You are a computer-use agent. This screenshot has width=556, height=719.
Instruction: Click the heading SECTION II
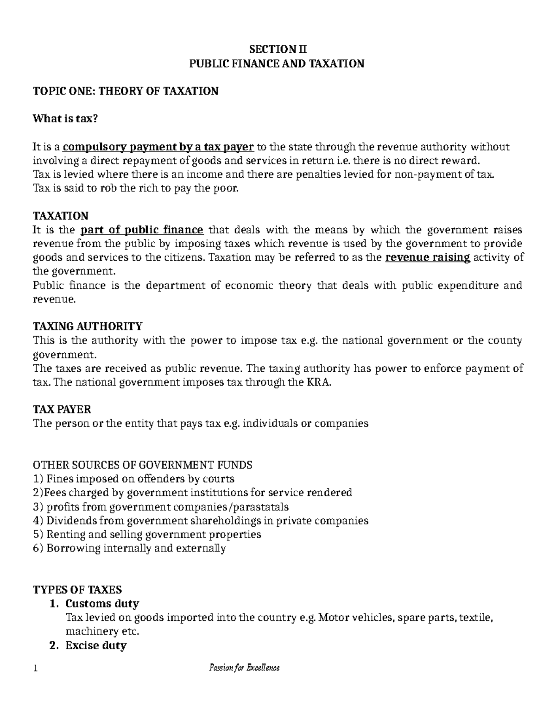coord(278,50)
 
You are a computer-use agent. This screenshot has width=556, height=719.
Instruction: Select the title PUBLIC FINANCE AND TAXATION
coord(277,63)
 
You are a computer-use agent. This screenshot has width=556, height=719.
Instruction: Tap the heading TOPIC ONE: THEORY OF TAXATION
coord(126,91)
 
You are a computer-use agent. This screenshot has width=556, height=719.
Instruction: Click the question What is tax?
coord(65,119)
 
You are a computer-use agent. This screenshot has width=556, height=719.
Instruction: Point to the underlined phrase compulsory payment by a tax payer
coord(158,147)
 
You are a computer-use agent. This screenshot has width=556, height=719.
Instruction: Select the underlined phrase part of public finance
coord(142,230)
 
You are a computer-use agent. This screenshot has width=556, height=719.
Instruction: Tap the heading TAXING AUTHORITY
coord(88,326)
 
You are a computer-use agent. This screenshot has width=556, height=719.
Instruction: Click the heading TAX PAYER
coord(62,409)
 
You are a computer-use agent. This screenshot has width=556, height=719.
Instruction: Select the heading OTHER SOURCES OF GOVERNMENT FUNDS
coord(143,465)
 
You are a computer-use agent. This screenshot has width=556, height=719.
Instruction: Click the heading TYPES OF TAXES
coord(77,589)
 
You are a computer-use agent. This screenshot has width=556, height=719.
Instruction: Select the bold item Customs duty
coord(102,604)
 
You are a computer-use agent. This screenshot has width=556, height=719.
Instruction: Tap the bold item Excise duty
coord(96,645)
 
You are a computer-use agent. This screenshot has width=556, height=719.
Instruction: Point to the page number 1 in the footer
coord(35,668)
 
